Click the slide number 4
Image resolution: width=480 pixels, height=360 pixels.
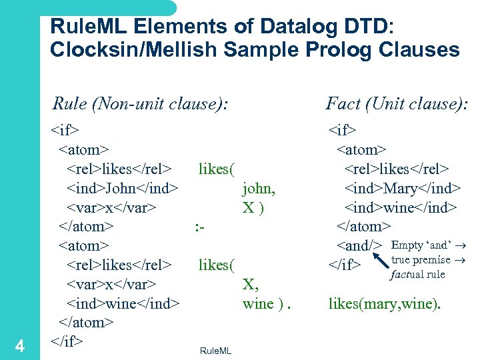(x=20, y=346)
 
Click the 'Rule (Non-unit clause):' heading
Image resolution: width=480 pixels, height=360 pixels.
(x=141, y=103)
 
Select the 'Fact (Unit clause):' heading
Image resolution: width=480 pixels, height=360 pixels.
(x=397, y=103)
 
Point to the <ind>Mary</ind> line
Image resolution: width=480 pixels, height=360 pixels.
(x=400, y=189)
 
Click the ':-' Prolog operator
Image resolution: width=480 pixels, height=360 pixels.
(x=199, y=227)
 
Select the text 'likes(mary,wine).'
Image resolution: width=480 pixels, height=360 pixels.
(x=384, y=305)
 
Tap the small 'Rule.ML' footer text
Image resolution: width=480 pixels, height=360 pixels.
(x=215, y=351)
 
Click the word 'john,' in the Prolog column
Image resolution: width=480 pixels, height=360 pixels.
(x=259, y=189)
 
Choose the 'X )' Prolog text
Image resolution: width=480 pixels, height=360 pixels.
(x=253, y=208)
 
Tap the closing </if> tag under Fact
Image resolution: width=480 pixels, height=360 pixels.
(x=345, y=265)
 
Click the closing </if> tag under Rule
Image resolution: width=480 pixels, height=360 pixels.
(x=67, y=342)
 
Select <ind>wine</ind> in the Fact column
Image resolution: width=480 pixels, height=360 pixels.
(x=400, y=208)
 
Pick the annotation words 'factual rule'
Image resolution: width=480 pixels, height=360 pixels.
(x=418, y=274)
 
